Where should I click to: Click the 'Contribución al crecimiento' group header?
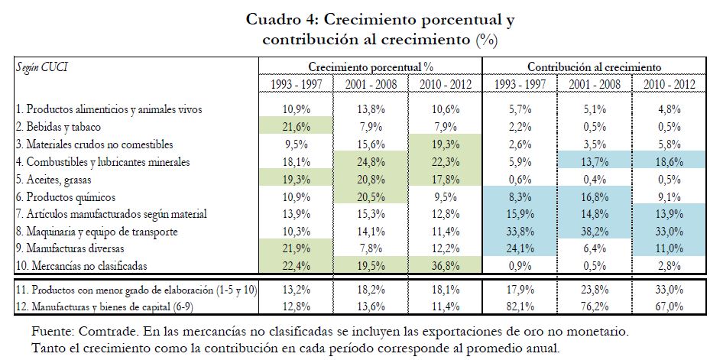click(x=594, y=66)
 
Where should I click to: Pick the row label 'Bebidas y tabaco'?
click(x=70, y=126)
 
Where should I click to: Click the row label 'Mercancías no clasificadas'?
click(x=87, y=266)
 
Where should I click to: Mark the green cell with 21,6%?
click(x=295, y=126)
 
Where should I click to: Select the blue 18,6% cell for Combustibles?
click(x=666, y=161)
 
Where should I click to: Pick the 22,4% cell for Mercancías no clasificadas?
click(x=295, y=266)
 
